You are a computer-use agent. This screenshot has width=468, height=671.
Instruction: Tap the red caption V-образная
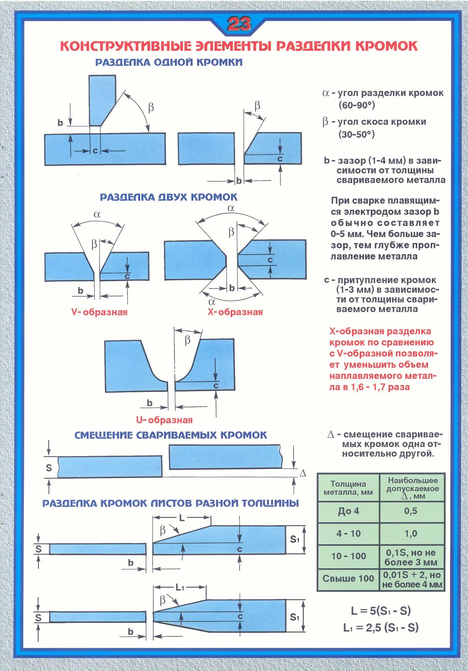click(99, 312)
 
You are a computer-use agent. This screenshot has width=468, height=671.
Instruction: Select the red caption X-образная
click(235, 312)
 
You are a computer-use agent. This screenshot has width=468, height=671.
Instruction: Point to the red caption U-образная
click(164, 420)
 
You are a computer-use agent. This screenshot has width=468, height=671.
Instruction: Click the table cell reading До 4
click(348, 511)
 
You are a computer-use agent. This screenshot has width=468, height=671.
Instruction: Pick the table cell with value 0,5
click(411, 511)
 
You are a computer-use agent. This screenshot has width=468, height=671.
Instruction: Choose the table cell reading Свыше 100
click(348, 578)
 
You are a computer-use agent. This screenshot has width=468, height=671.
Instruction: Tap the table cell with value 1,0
click(411, 534)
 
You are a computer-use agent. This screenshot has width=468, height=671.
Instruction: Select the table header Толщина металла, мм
click(348, 488)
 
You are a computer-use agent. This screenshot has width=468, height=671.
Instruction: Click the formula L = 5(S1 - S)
click(381, 611)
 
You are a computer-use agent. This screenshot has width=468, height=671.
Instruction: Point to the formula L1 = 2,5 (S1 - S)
click(381, 628)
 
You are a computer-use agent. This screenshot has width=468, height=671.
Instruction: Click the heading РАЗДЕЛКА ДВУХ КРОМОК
click(169, 197)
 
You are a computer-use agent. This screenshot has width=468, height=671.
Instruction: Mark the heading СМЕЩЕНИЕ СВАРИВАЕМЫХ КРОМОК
click(171, 435)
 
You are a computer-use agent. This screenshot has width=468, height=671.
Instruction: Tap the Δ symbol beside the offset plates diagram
click(303, 473)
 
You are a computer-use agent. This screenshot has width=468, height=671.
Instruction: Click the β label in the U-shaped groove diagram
click(188, 340)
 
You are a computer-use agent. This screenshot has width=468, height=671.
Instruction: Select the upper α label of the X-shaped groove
click(231, 208)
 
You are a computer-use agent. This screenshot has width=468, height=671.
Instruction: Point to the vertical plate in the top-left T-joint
click(102, 99)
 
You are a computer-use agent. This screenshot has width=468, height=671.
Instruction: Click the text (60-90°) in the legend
click(357, 105)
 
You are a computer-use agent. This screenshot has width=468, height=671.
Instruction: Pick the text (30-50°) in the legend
click(357, 134)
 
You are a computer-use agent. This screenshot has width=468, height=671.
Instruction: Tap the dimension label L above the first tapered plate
click(182, 518)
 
